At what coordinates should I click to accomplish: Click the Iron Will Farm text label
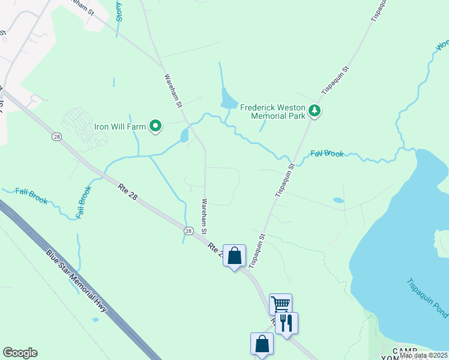point(120,127)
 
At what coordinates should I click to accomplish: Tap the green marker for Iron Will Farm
point(155,126)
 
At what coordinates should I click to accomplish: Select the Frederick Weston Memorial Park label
point(274,111)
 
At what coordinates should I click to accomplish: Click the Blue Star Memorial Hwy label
point(76,280)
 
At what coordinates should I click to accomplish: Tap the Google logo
point(20,353)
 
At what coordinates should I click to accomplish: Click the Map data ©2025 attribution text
point(423,355)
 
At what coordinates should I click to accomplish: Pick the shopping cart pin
point(280,304)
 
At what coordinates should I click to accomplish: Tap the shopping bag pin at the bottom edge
point(262,344)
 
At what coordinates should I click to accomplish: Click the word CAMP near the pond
point(404,350)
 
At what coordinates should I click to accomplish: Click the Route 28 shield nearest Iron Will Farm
point(56,137)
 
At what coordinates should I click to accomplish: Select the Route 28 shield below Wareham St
point(188,231)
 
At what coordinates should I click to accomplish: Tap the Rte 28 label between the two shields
point(128,193)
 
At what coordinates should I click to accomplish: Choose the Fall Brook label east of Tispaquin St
point(327,154)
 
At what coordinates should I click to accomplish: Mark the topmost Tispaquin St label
point(375,11)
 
